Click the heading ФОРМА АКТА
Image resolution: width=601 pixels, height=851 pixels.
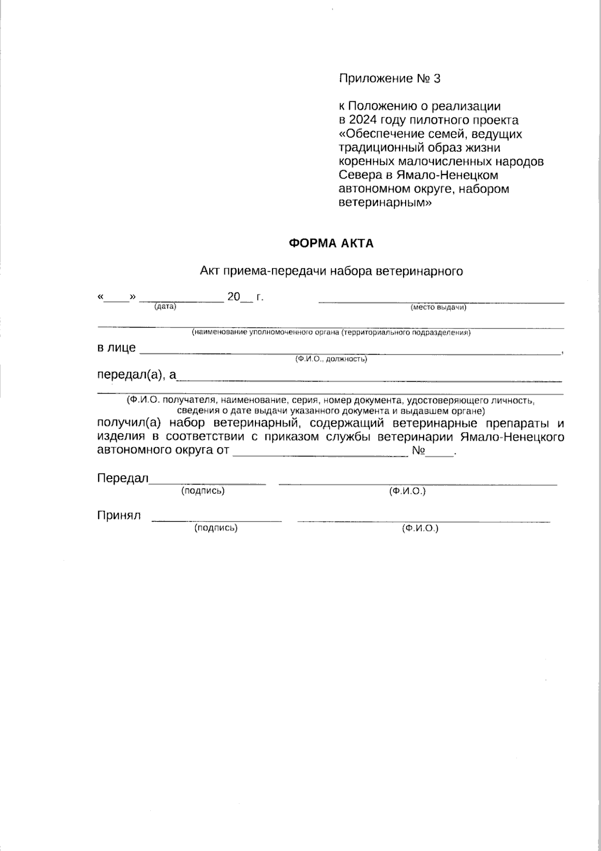click(x=331, y=243)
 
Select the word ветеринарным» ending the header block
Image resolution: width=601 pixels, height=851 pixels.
click(x=385, y=203)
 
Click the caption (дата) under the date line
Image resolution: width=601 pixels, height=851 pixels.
click(x=165, y=306)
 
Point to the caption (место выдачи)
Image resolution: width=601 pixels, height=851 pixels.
click(x=438, y=307)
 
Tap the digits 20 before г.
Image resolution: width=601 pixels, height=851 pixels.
click(x=234, y=296)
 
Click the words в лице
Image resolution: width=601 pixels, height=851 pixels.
click(x=116, y=348)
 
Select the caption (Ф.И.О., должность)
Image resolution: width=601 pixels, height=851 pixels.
click(x=331, y=359)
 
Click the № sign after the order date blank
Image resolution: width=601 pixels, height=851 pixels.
click(x=418, y=450)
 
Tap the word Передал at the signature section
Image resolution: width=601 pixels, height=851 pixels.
click(x=122, y=478)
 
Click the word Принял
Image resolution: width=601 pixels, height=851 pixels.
click(x=119, y=515)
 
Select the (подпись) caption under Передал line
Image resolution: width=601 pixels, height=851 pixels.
click(x=203, y=490)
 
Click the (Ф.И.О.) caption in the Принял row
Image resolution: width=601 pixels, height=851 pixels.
click(x=420, y=529)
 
